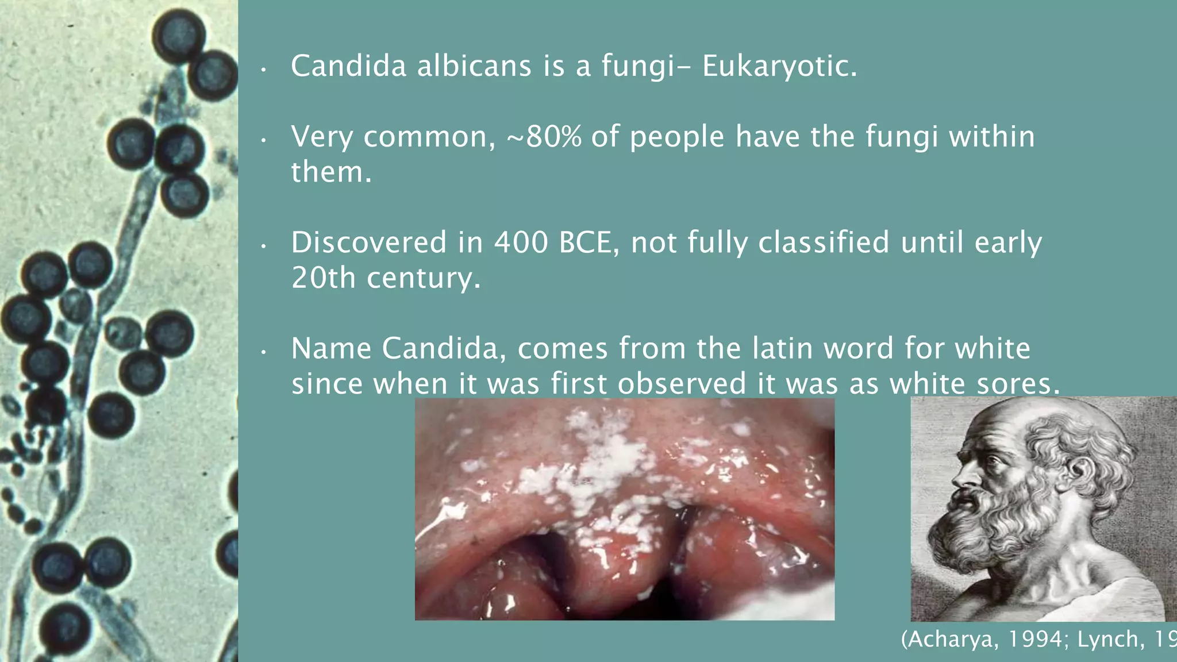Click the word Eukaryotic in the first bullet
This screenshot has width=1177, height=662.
point(779,66)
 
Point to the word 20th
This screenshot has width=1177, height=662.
point(323,278)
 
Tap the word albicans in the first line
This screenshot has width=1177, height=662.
point(474,66)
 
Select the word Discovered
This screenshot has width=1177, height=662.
point(368,243)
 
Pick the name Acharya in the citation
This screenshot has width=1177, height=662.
point(951,640)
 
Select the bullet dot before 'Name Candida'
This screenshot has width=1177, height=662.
point(263,351)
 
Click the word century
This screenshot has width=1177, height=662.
point(423,278)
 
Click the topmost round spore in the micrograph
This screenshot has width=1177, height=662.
point(179,36)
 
